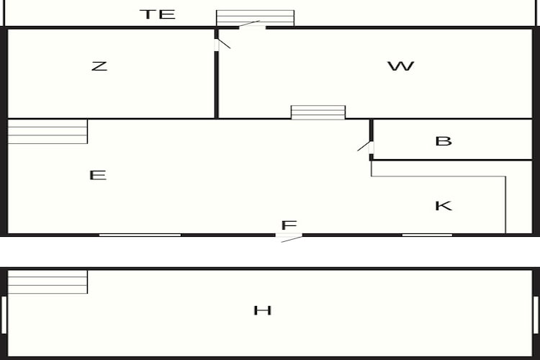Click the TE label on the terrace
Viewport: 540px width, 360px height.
158,14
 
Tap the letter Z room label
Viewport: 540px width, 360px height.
99,66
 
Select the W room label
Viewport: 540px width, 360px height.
401,66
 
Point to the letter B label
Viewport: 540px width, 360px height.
444,141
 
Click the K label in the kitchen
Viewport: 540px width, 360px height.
444,206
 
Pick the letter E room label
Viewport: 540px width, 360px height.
97,175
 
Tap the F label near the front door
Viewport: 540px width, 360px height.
289,225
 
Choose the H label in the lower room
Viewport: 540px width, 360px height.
262,310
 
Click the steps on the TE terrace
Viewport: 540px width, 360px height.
255,18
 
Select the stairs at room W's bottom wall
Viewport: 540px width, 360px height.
318,112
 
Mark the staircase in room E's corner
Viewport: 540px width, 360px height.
48,131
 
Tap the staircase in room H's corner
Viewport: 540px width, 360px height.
48,282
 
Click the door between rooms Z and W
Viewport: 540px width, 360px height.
222,45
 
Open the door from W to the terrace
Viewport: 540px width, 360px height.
252,25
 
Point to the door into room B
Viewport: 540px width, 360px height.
366,147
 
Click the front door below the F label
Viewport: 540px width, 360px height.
289,238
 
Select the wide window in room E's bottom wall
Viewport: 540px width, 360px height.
140,235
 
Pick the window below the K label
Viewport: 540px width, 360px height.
427,235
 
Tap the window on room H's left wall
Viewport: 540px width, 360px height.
4,315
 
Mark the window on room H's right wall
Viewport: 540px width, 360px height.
536,315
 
